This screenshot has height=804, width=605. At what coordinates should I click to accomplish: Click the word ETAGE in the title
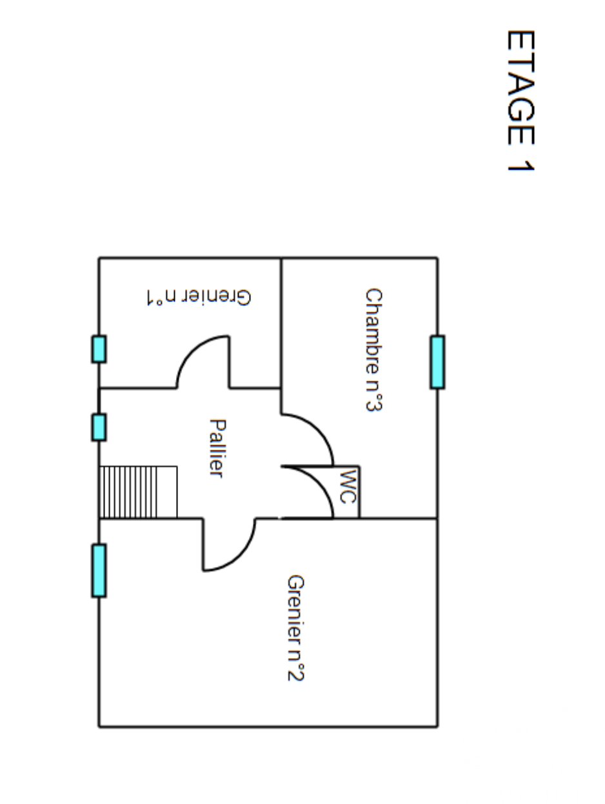[521, 87]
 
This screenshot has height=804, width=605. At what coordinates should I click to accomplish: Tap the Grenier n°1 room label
[199, 297]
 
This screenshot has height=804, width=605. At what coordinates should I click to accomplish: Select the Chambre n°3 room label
[373, 350]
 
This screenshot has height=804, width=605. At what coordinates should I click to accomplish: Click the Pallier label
[217, 448]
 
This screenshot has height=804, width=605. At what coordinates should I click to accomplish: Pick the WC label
[348, 487]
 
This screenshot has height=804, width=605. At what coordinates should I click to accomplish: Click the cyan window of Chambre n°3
[437, 362]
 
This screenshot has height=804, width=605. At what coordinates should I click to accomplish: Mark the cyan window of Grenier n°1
[99, 349]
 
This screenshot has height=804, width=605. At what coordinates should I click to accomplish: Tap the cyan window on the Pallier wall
[99, 427]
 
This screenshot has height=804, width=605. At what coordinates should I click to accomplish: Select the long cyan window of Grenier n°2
[99, 570]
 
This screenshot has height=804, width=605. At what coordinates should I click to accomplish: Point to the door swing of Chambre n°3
[319, 429]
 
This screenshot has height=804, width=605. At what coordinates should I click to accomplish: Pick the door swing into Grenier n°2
[240, 556]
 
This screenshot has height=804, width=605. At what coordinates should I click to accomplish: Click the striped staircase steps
[128, 492]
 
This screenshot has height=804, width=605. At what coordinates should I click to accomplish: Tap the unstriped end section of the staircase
[167, 492]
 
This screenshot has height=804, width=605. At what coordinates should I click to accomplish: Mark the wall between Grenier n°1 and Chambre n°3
[281, 323]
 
